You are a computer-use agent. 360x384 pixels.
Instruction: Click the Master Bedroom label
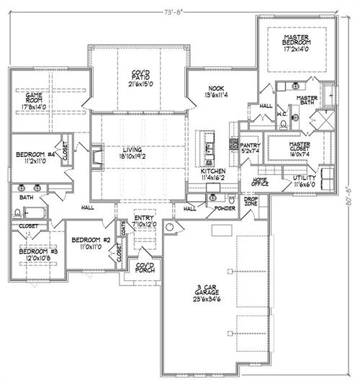tap(296, 40)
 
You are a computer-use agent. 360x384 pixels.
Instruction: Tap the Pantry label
tap(250, 144)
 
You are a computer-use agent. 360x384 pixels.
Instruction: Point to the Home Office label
tap(259, 182)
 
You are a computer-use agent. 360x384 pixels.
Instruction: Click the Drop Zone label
tap(251, 201)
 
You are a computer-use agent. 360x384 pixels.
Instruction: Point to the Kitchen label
tap(212, 171)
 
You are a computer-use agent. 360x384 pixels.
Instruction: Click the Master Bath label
tap(307, 102)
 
